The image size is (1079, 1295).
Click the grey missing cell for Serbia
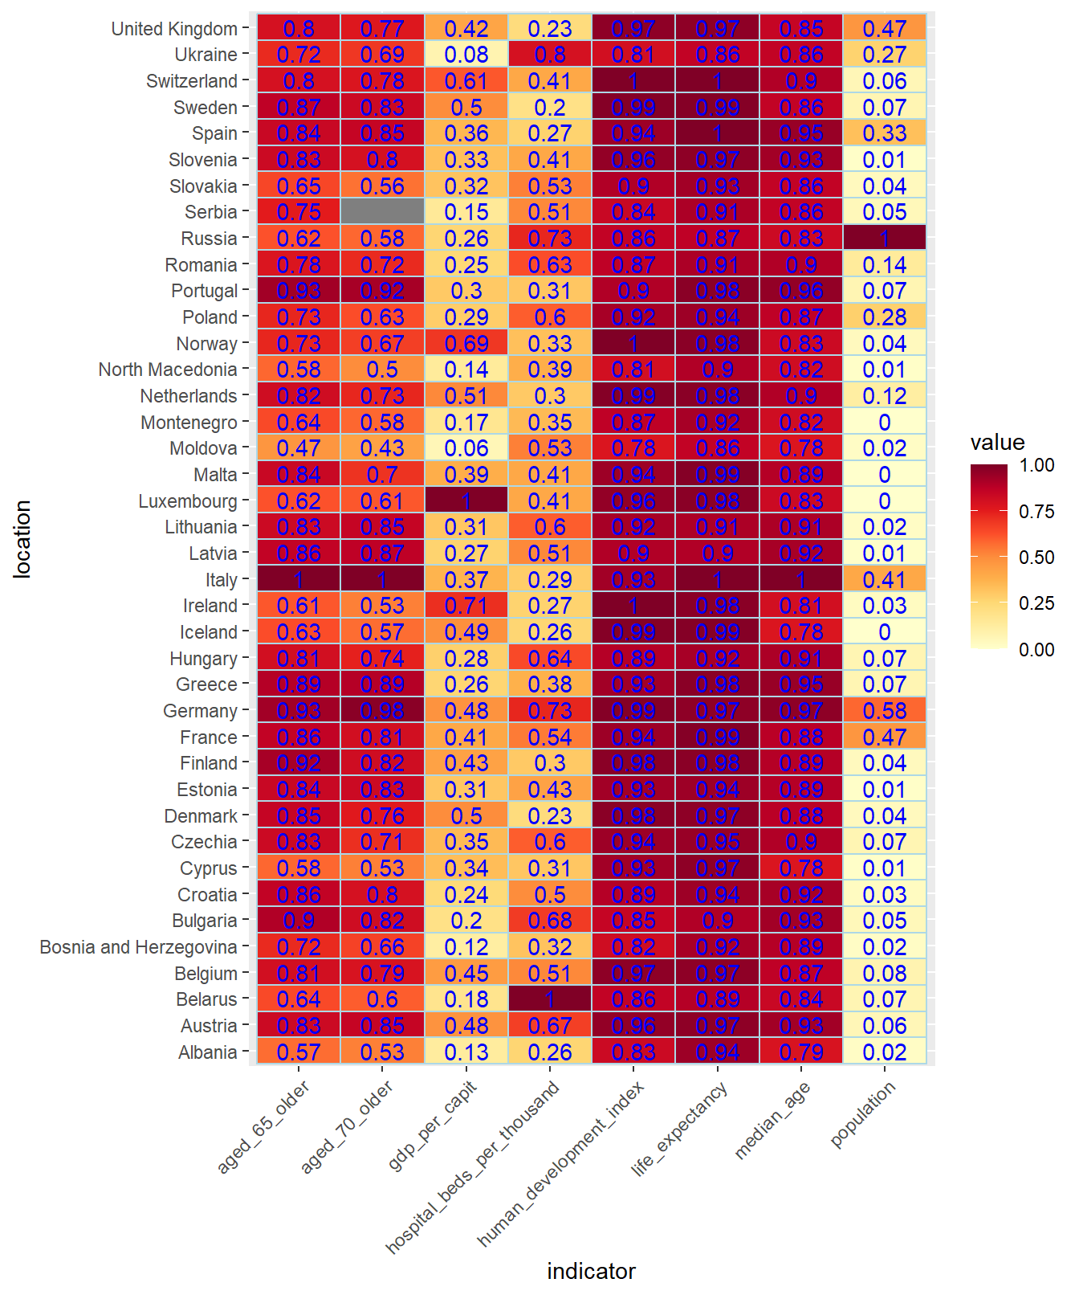coord(382,212)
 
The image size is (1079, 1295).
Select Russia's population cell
coord(885,239)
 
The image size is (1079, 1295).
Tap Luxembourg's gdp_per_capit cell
coord(466,501)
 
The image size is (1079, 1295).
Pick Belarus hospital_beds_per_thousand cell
coord(550,999)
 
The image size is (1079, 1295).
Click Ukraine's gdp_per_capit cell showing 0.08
coord(466,55)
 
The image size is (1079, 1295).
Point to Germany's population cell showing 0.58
coord(885,711)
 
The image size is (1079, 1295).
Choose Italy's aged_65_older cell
coord(299,580)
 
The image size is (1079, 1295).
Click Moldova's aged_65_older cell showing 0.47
coord(299,448)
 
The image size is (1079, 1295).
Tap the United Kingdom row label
coord(174,29)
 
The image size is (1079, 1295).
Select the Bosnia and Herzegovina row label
coord(139,947)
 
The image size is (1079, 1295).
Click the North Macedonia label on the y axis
coord(168,370)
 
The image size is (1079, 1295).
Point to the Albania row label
coord(208,1052)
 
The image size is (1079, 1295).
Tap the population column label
coord(862,1114)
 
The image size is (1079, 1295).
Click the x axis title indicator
coord(591,1271)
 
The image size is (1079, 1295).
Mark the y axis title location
coord(22,539)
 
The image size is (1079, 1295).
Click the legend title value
coord(997,443)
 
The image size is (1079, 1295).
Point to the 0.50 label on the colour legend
coord(1036,558)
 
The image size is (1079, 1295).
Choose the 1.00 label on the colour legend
coord(1036,465)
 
